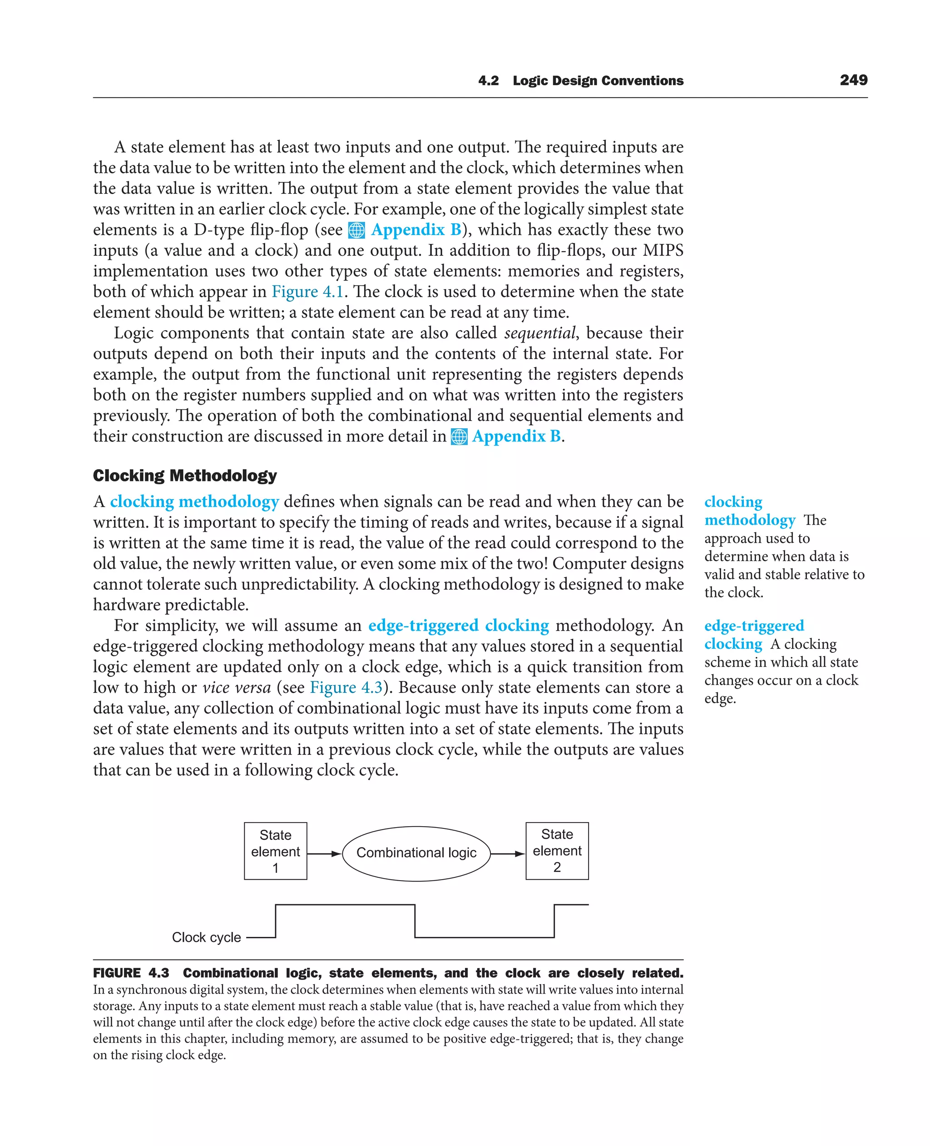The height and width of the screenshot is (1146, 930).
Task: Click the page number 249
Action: pos(853,80)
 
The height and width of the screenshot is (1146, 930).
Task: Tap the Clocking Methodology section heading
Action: pos(185,475)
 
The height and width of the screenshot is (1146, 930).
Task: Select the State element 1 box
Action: pos(275,851)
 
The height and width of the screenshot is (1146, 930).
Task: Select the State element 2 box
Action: pos(557,851)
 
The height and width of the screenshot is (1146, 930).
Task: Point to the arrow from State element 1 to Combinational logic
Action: pos(324,854)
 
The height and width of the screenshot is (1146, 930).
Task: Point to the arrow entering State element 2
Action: pos(507,854)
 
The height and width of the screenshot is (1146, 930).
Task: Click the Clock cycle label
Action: pos(206,937)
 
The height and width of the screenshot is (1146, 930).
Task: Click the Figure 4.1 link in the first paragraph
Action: pos(307,292)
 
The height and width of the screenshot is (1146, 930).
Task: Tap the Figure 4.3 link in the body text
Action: pos(346,687)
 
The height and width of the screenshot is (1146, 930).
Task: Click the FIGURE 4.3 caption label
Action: pos(131,973)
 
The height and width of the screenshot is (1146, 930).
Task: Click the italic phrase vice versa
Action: pos(236,687)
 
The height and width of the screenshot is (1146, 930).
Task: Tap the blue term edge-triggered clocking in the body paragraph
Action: pos(459,625)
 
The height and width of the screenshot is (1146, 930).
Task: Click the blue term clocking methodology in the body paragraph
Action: pos(194,501)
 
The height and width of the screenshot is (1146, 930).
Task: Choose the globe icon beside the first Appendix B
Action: pos(356,230)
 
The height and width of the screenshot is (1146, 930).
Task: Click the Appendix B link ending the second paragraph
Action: pos(516,436)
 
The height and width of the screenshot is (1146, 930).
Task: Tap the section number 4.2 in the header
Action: pos(488,81)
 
